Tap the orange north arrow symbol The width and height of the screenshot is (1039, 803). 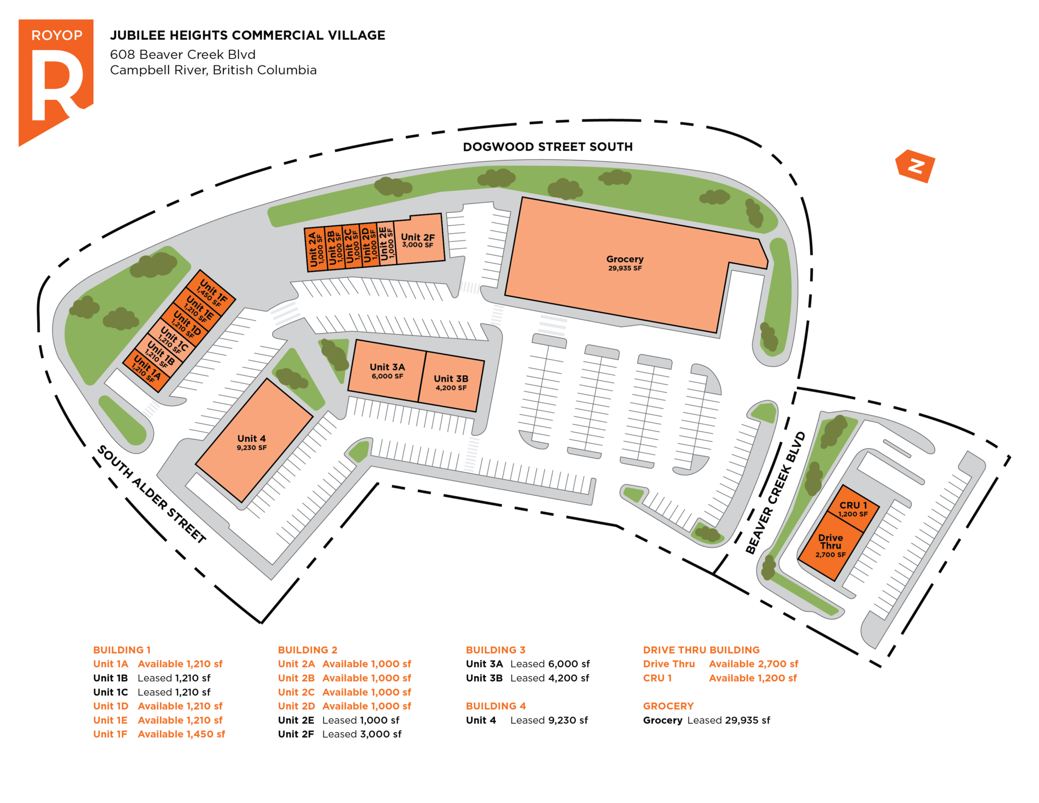click(x=915, y=166)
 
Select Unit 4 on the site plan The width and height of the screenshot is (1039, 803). click(x=254, y=440)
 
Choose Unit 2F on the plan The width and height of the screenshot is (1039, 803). click(x=419, y=239)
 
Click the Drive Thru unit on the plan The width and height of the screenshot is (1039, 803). click(x=830, y=546)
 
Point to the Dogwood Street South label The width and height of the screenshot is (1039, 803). click(x=548, y=147)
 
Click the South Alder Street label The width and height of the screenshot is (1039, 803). click(x=151, y=495)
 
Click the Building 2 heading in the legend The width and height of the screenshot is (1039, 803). click(x=307, y=650)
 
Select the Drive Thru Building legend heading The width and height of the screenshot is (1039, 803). click(x=701, y=650)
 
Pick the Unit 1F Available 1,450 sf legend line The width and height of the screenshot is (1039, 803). click(x=159, y=734)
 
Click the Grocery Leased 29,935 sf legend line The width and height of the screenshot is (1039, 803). click(x=706, y=720)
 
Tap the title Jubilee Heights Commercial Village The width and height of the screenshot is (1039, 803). click(x=248, y=35)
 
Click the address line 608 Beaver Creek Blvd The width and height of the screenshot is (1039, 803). click(x=183, y=54)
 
